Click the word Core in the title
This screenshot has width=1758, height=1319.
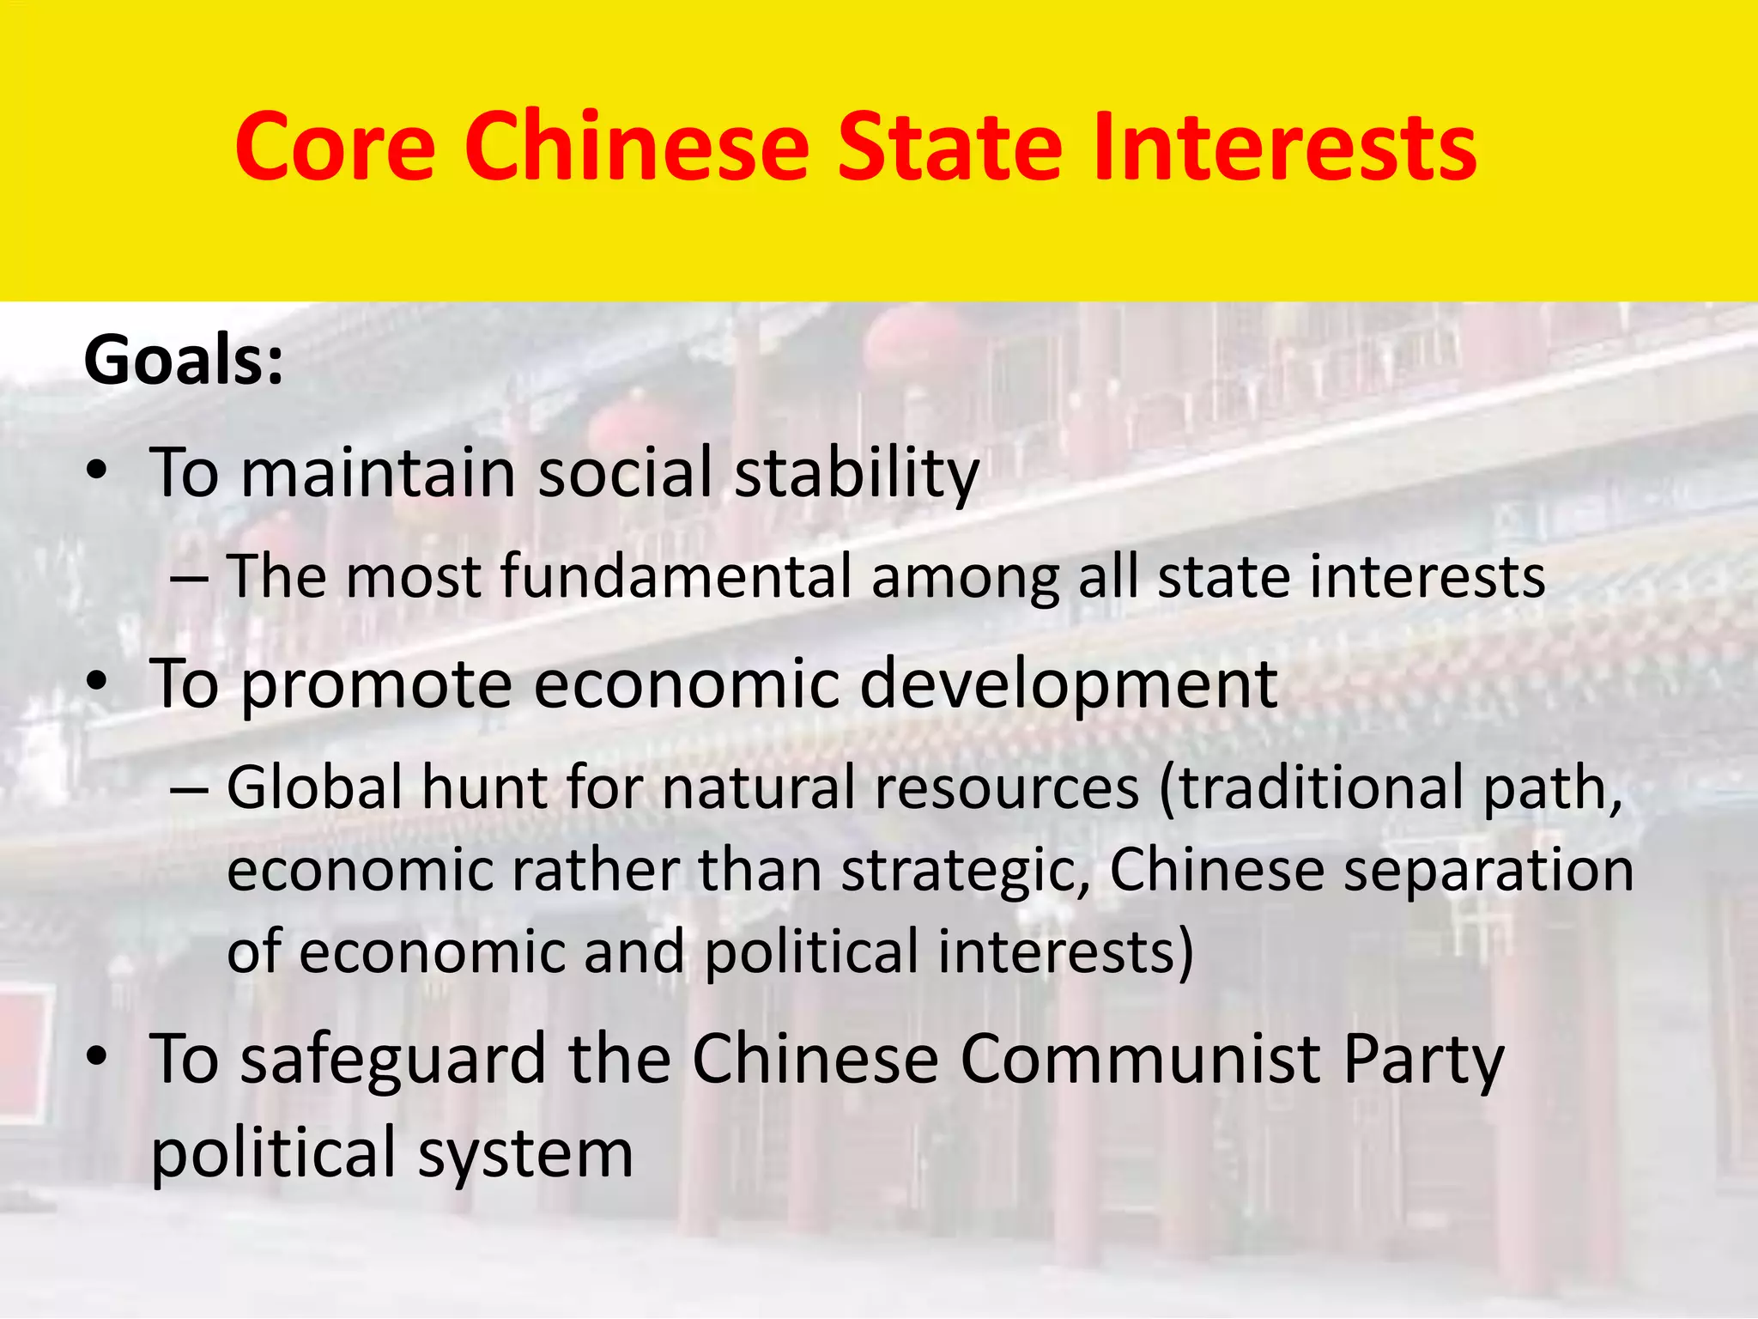point(335,147)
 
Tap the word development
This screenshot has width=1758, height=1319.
point(1068,685)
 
